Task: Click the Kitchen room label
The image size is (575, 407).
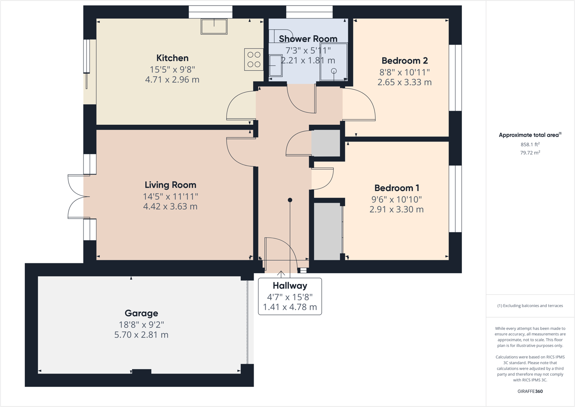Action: pos(172,58)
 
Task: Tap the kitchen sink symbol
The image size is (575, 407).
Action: pos(214,27)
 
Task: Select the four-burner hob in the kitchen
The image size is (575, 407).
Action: pos(254,60)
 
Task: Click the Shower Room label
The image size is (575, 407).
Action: pos(308,39)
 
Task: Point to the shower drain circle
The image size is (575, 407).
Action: pos(334,71)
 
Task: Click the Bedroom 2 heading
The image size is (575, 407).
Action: pos(404,60)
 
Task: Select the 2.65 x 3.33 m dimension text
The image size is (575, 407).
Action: pos(404,82)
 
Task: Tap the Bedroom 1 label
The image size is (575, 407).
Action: pos(397,188)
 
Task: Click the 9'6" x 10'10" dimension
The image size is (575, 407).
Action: pos(396,199)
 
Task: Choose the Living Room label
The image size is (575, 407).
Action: pos(170,185)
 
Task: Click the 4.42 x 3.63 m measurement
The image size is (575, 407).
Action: pos(170,207)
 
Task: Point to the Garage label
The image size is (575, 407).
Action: pos(141,313)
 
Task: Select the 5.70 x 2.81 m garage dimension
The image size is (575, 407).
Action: pos(141,335)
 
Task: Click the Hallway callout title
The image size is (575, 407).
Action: pos(290,286)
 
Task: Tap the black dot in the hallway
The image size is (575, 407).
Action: pos(290,200)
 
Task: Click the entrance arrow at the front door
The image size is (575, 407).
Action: pos(281,274)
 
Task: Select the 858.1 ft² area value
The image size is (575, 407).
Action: pos(530,145)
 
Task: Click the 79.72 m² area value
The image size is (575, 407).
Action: pos(530,153)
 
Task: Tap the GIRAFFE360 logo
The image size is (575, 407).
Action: pos(530,391)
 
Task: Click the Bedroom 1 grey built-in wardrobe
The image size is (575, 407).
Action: pos(328,231)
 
